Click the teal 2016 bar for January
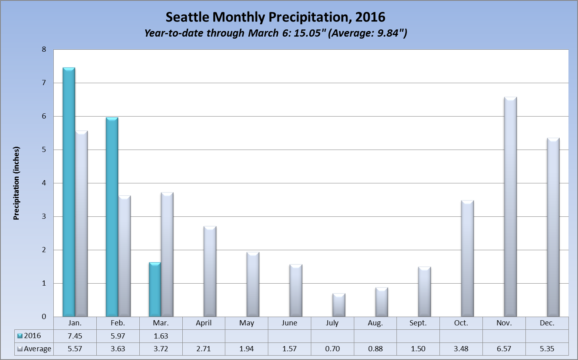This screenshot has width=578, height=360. (69, 193)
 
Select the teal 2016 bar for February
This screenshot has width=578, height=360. (112, 217)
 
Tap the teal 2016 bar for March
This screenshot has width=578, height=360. (155, 290)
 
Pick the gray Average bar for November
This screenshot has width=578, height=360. (510, 207)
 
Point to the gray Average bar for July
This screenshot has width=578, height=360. (339, 305)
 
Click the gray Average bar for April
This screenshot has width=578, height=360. (210, 272)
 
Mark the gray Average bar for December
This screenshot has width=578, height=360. (553, 228)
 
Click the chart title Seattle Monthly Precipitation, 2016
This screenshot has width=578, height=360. (275, 17)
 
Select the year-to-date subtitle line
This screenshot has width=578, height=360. (275, 33)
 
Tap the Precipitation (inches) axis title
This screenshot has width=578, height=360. (16, 183)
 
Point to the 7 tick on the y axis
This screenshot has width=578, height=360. (44, 83)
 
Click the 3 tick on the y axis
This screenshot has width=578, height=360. (44, 216)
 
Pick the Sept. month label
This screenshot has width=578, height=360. (418, 323)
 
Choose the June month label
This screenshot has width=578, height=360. (289, 323)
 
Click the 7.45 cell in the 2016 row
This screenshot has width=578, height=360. (75, 336)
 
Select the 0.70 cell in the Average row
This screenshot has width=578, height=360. (332, 349)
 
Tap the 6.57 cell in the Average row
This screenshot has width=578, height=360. (504, 349)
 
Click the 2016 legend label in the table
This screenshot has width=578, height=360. (32, 336)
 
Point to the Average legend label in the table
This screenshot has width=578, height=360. (37, 349)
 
